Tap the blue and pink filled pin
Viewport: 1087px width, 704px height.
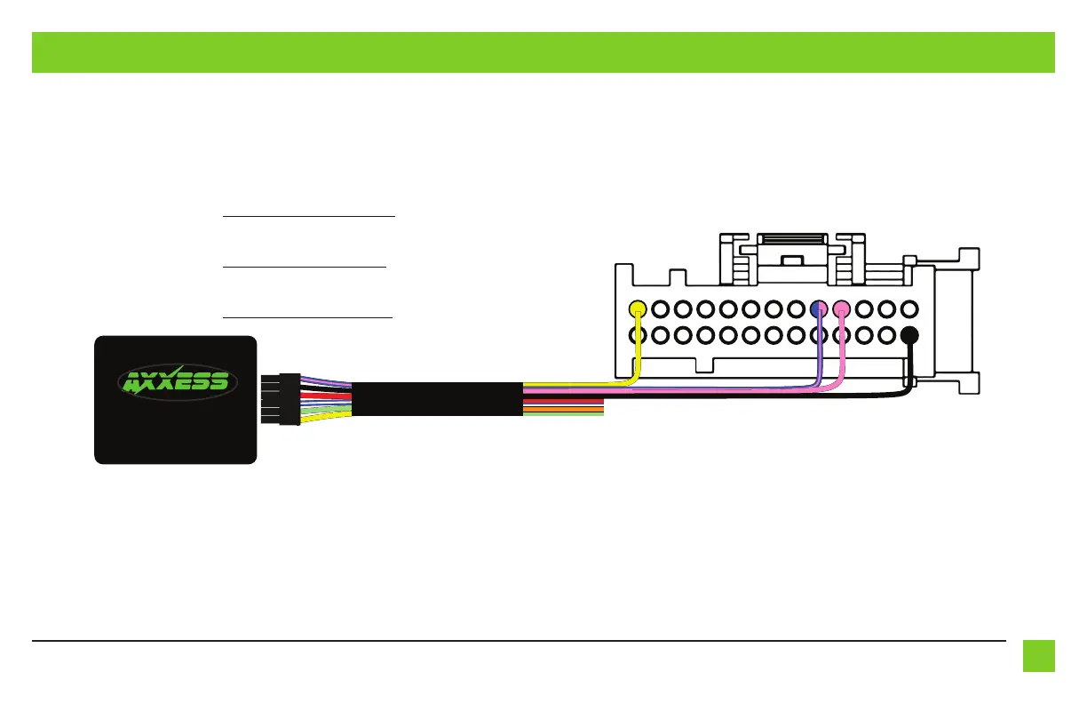pos(819,310)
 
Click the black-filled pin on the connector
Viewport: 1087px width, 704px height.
pos(908,336)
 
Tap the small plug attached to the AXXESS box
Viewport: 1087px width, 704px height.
pos(290,398)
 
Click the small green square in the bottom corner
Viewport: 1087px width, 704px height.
pos(1038,656)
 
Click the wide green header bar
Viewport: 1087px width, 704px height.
pos(543,52)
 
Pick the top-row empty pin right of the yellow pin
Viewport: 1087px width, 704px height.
pos(660,310)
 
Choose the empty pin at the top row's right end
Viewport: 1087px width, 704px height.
pos(908,310)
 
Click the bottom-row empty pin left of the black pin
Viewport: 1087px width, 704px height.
pos(886,336)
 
